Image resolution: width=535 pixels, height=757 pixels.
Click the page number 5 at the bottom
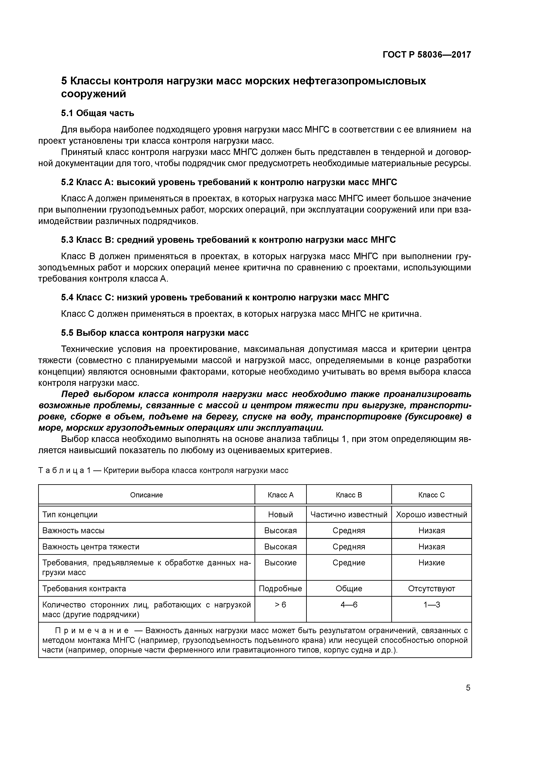[x=468, y=688]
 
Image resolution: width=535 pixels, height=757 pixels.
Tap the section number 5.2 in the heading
[x=68, y=182]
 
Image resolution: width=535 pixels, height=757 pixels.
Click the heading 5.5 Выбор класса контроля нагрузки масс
[x=155, y=333]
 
